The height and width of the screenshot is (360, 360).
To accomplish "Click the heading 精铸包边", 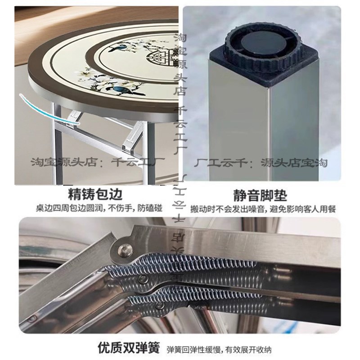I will [95, 195].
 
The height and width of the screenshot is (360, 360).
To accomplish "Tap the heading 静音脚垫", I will [260, 195].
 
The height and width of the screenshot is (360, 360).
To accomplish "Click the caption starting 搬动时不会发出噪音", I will [263, 209].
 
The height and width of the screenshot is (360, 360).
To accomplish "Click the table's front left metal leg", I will [57, 144].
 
